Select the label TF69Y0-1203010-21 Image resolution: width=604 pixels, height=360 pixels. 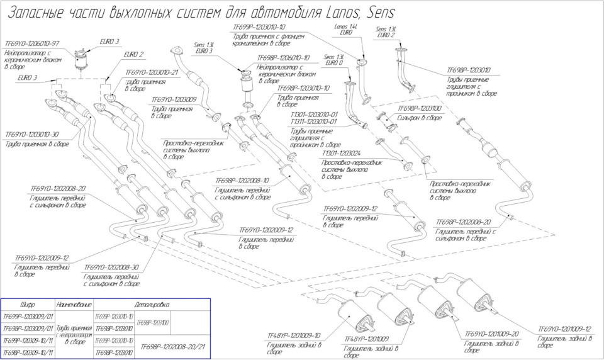pos(152,72)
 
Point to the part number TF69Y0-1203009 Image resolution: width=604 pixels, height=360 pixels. pos(172,99)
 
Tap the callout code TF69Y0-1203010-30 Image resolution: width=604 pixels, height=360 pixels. pos(32,134)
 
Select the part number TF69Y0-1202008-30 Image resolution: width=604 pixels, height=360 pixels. pos(111,267)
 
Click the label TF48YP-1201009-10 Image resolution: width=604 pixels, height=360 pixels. pos(294,335)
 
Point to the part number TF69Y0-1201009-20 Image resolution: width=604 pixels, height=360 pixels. pos(492,334)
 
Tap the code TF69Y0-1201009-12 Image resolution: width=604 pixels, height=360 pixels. pos(564,329)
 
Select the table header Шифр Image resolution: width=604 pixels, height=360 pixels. pos(28,304)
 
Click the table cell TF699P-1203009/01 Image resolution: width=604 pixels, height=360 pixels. pos(28,316)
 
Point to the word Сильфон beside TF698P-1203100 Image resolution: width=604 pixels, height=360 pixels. pos(410,117)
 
